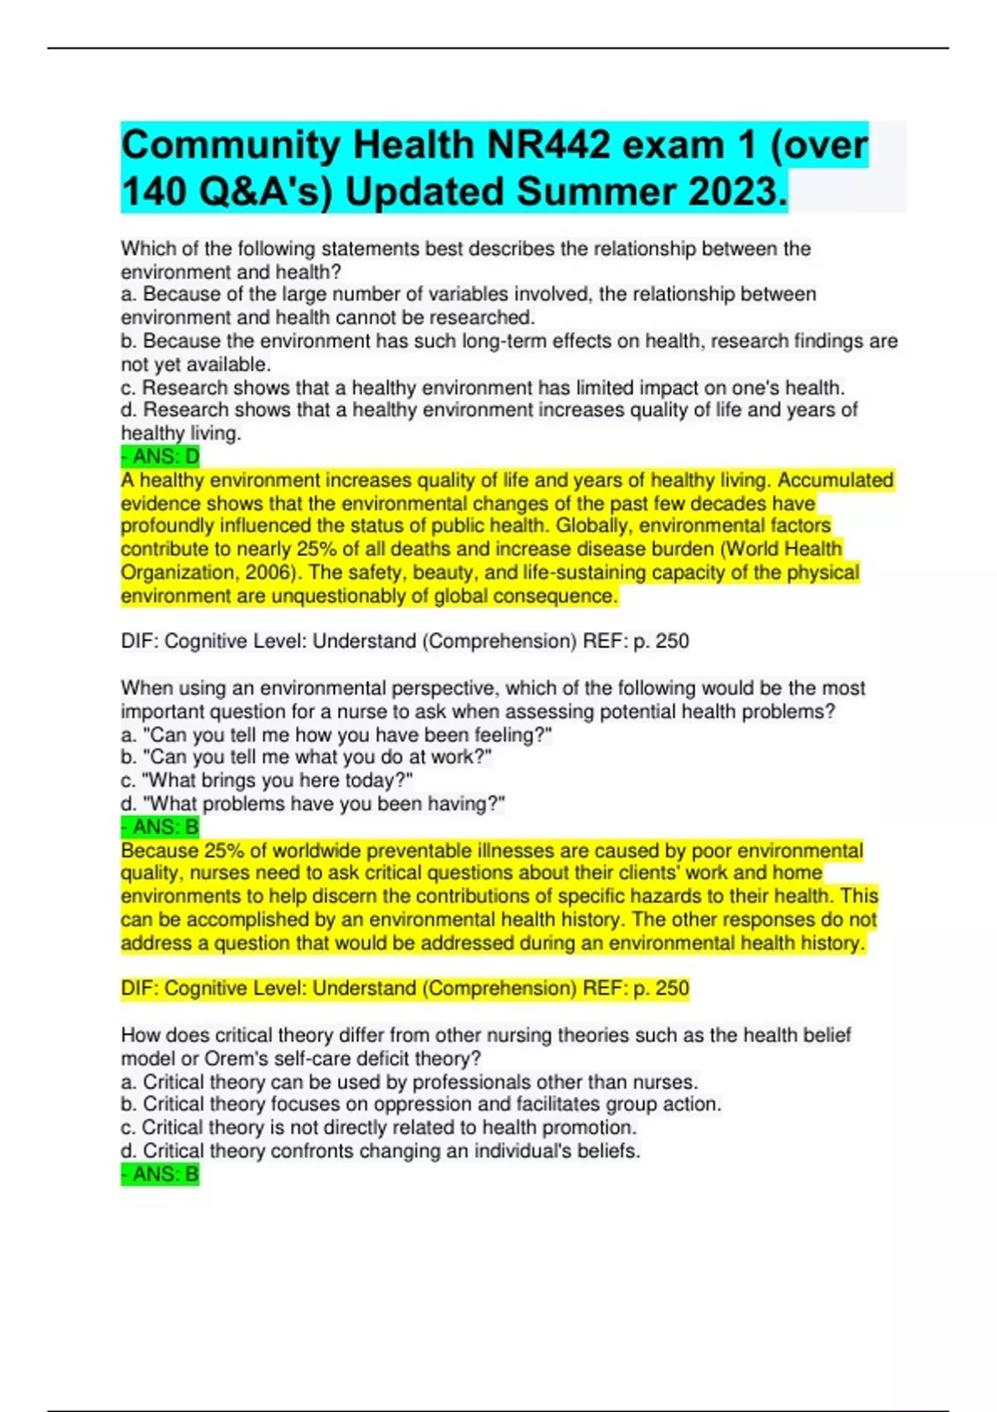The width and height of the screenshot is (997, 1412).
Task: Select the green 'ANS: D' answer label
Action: tap(160, 457)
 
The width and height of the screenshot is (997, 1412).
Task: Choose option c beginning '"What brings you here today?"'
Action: tap(267, 781)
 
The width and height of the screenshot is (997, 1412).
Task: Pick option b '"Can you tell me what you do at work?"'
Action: tap(307, 757)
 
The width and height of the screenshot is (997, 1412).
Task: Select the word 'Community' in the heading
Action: tap(227, 146)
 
